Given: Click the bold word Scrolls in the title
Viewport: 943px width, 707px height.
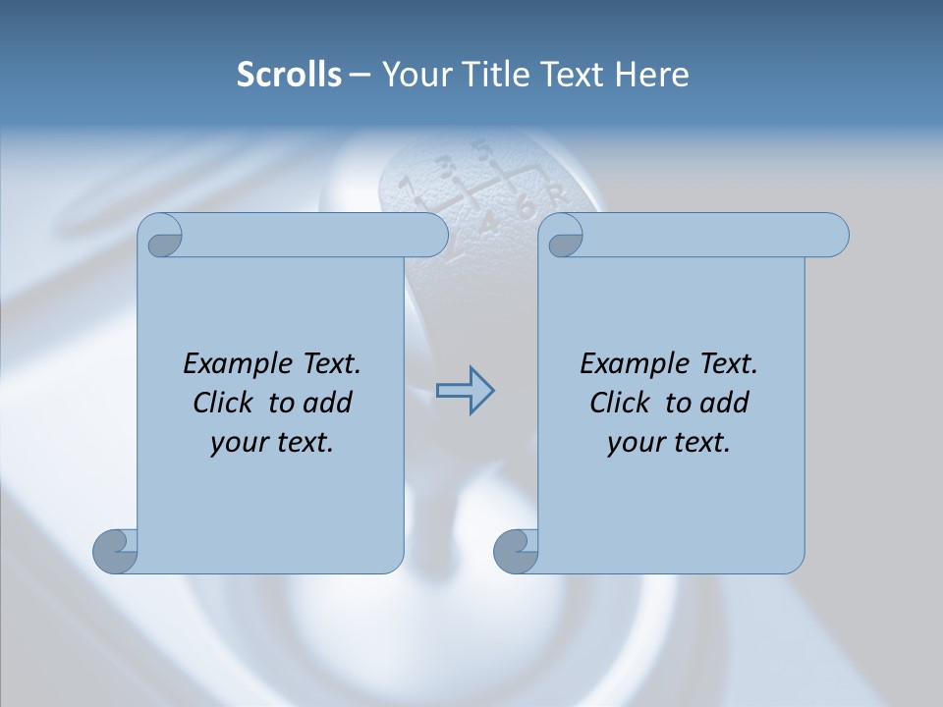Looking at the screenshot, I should click(290, 75).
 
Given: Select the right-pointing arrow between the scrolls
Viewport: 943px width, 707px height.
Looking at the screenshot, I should click(465, 391).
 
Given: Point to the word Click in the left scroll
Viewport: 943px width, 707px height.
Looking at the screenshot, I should click(226, 403).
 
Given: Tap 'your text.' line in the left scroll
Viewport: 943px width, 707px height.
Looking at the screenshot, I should click(272, 442).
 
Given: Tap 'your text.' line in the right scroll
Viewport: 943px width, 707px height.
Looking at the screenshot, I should click(669, 442).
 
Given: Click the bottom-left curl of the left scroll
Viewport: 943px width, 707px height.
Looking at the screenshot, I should click(115, 551).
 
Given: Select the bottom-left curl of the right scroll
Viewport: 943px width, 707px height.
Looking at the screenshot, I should click(516, 551).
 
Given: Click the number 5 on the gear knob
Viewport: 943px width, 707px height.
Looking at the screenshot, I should click(481, 151).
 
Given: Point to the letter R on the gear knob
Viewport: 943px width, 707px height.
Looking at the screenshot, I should click(555, 193).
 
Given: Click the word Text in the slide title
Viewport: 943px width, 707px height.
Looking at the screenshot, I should click(574, 75).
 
